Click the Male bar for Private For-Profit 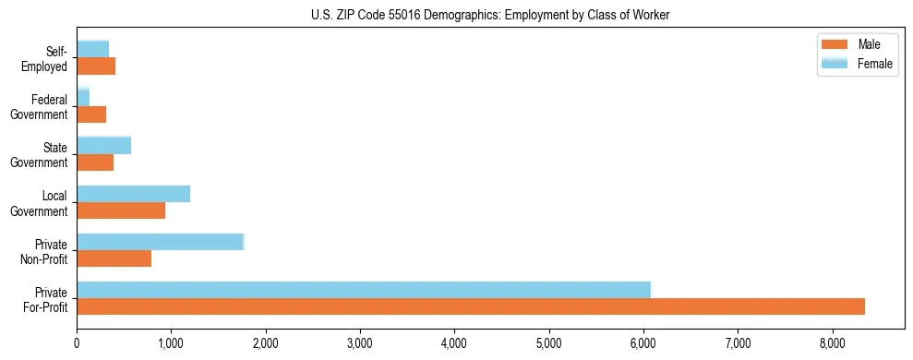tap(471, 306)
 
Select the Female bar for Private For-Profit tap(364, 289)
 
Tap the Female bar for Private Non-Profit tap(160, 242)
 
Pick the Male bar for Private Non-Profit tap(114, 258)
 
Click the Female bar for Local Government tap(133, 194)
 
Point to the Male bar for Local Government tap(121, 210)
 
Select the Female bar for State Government tap(103, 145)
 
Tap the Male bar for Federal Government tap(91, 114)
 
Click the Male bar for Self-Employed tap(96, 66)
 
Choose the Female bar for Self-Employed tap(92, 48)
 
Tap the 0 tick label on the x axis tap(77, 344)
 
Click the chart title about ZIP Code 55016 tap(490, 15)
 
